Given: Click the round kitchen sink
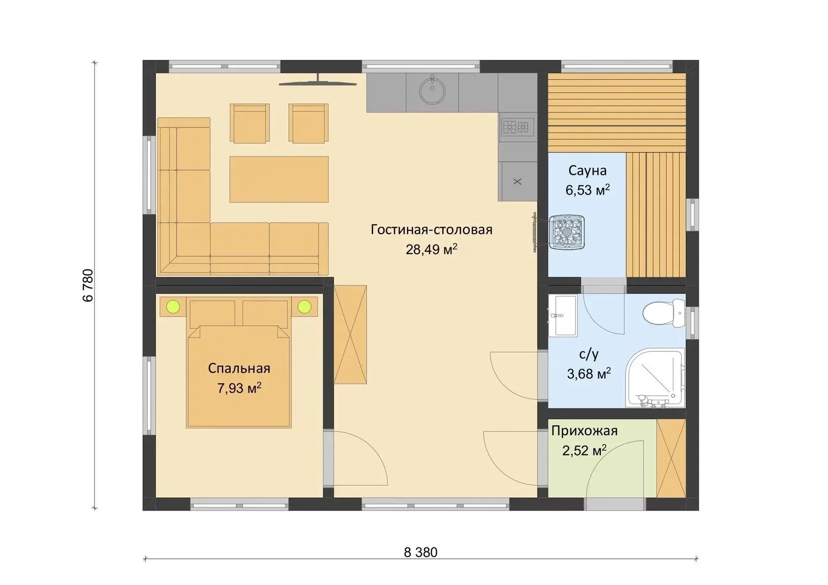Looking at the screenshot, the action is coord(432,91).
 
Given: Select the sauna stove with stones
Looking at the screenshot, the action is coord(567,233).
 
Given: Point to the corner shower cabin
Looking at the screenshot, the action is coord(655,377).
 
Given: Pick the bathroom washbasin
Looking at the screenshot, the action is coord(563,315).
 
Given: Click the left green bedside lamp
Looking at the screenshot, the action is coord(173,307).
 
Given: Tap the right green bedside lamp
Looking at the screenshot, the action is coord(304,307).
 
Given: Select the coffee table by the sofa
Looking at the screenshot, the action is coord(279,179).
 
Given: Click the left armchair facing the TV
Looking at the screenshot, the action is coord(249,123).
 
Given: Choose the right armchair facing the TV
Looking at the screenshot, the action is coord(309,123).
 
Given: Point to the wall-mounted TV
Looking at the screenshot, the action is coord(318,83).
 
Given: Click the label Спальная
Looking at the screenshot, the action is coord(239,369).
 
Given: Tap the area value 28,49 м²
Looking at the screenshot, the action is coord(431,249).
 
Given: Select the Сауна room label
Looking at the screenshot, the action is coord(587,171).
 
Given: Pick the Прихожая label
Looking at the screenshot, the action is coord(585,431).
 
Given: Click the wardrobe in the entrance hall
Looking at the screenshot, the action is coord(671,458).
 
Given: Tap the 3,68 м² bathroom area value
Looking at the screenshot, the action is coord(589,374).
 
